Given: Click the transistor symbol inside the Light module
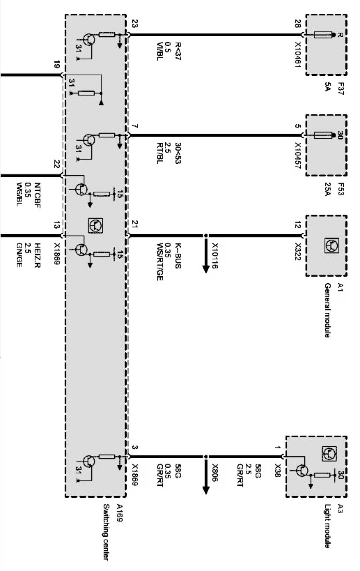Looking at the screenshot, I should (303, 471).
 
